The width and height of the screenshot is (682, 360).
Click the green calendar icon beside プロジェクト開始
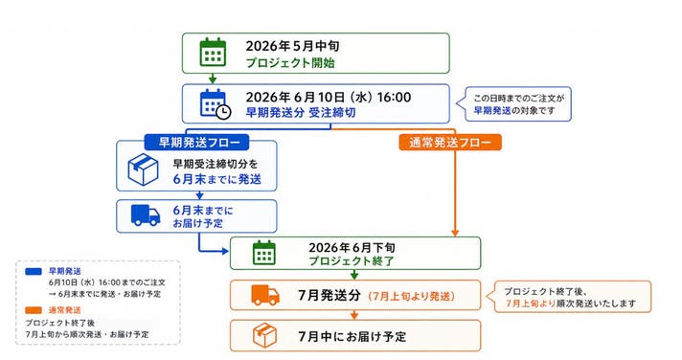click(213, 52)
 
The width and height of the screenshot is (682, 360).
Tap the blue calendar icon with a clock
click(216, 103)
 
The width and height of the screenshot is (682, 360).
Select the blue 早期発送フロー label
click(196, 142)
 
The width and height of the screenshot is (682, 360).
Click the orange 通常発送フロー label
click(450, 142)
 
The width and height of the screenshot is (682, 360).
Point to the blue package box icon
click(143, 170)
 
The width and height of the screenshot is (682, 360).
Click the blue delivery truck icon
click(146, 215)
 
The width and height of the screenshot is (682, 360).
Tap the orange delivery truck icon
click(265, 295)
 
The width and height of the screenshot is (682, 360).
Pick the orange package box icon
click(264, 335)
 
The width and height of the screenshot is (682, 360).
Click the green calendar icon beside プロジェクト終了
click(264, 253)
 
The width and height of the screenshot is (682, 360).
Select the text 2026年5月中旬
click(292, 46)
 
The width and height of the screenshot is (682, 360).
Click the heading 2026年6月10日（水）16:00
click(329, 97)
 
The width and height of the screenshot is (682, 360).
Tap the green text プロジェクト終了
click(352, 260)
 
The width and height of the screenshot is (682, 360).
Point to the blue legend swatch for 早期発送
click(34, 271)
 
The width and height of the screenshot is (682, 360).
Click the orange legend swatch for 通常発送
click(34, 310)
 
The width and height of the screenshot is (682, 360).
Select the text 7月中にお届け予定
click(352, 336)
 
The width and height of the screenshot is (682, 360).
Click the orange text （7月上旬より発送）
click(411, 296)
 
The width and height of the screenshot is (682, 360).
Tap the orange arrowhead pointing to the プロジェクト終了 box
click(455, 234)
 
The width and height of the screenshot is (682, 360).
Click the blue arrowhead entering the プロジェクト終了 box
click(225, 251)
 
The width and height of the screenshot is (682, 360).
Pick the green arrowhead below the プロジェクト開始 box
click(213, 79)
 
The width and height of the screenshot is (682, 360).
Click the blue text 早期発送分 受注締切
click(301, 113)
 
